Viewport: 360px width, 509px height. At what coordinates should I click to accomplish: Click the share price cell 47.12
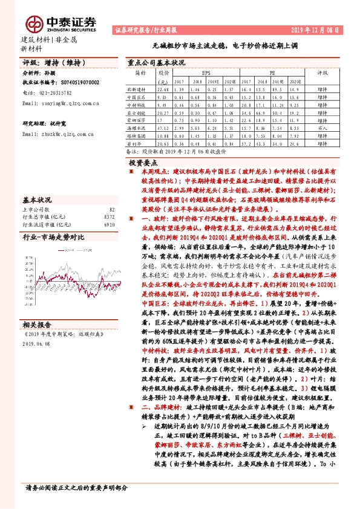tap(162, 129)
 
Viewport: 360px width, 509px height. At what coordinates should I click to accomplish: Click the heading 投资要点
tap(144, 163)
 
